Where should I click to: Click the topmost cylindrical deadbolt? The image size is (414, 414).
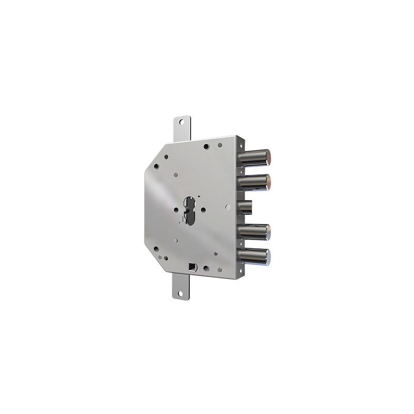click(x=254, y=158)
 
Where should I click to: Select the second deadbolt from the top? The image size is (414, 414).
click(x=254, y=182)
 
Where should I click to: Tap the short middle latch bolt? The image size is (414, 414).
click(x=245, y=208)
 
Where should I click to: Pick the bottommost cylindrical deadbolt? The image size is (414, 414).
click(x=254, y=256)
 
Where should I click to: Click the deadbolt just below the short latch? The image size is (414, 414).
click(x=254, y=232)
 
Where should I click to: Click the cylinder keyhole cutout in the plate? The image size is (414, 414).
click(x=189, y=210)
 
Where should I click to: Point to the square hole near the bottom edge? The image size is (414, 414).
click(x=193, y=267)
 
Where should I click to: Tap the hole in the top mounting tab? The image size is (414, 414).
click(x=181, y=122)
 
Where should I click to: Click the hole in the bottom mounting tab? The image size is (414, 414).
click(x=181, y=293)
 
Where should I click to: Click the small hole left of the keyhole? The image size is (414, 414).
click(x=176, y=210)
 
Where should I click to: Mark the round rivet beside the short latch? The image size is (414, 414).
click(x=228, y=207)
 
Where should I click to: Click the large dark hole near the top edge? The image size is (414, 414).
click(x=206, y=147)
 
